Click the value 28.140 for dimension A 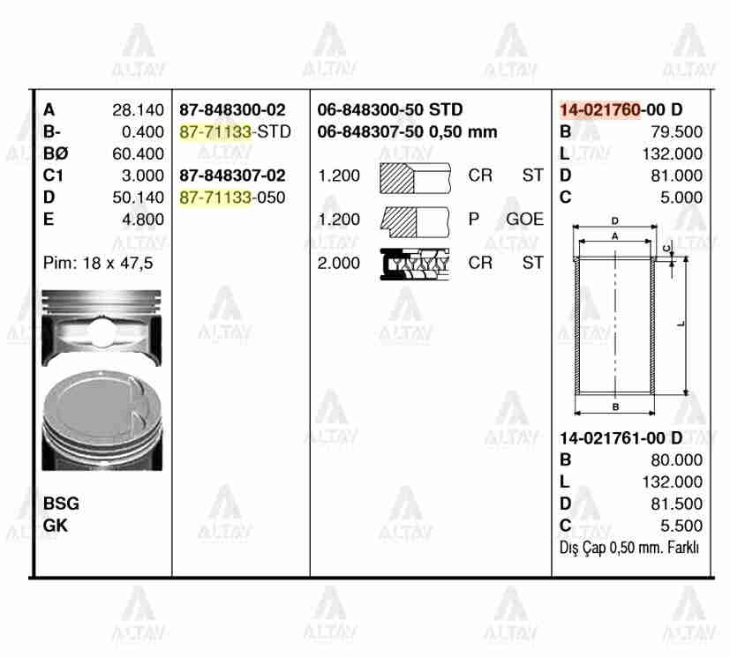pyautogui.click(x=138, y=110)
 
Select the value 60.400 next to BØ pyautogui.click(x=138, y=153)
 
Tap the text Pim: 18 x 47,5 pyautogui.click(x=97, y=263)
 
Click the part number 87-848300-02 pyautogui.click(x=232, y=110)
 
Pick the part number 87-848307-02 pyautogui.click(x=232, y=175)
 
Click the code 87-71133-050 pyautogui.click(x=232, y=198)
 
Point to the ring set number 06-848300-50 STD pyautogui.click(x=389, y=110)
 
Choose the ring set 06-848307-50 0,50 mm pyautogui.click(x=407, y=132)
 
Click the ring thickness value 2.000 pyautogui.click(x=339, y=263)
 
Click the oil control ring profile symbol pyautogui.click(x=414, y=262)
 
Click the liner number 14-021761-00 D pyautogui.click(x=621, y=438)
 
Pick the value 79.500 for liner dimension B pyautogui.click(x=676, y=132)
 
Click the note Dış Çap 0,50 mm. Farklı pyautogui.click(x=629, y=548)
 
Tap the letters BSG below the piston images pyautogui.click(x=61, y=504)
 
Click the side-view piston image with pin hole pyautogui.click(x=102, y=328)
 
